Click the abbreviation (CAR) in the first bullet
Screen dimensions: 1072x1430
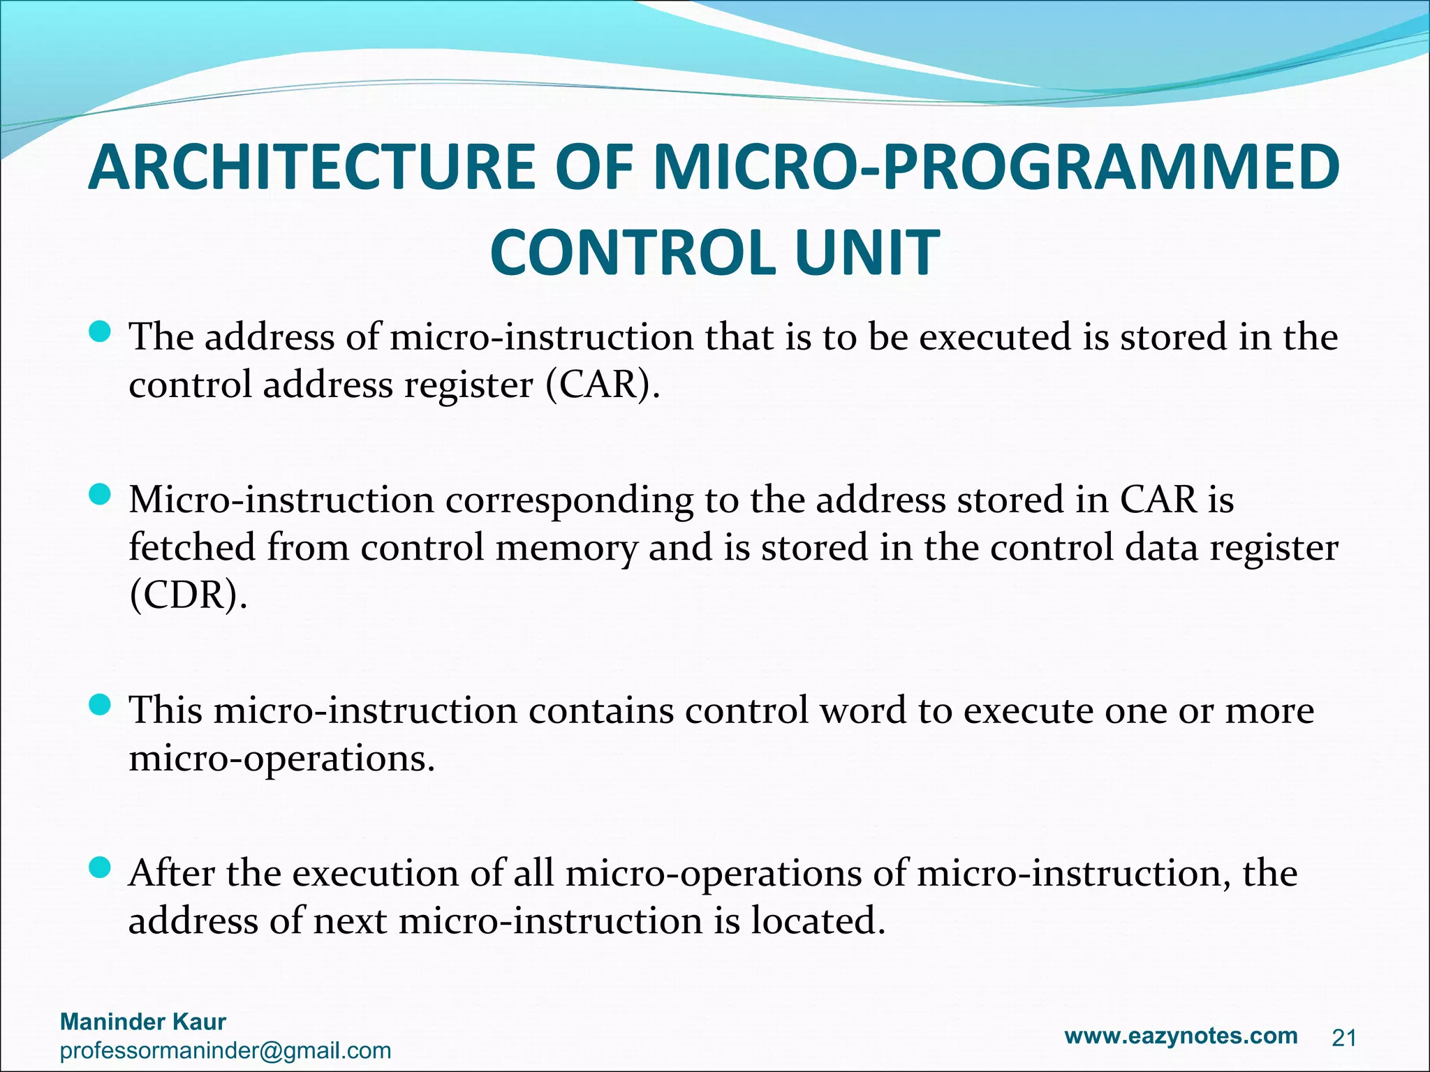[x=602, y=385]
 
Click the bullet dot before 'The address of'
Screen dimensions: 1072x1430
[x=101, y=332]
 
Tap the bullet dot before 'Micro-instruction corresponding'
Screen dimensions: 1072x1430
[x=101, y=496]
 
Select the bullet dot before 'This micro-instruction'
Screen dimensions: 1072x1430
[x=101, y=706]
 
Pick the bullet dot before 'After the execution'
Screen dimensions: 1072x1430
[x=101, y=868]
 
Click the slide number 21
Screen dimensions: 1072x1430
[x=1344, y=1038]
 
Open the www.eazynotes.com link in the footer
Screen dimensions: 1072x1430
[x=1181, y=1036]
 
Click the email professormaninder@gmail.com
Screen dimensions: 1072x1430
[x=226, y=1050]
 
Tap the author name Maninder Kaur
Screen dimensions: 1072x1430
[x=143, y=1022]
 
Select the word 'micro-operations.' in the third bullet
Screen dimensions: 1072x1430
[x=282, y=759]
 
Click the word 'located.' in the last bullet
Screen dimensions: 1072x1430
[x=818, y=921]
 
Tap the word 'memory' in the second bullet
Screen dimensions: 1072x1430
[x=566, y=549]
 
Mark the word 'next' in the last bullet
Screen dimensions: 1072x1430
[x=350, y=921]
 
